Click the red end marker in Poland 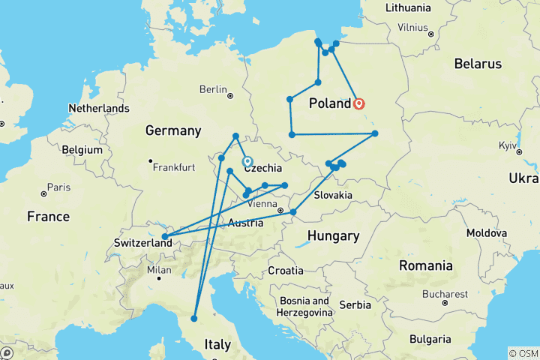tap(359, 104)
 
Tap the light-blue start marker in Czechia tap(247, 161)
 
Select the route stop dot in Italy tap(193, 319)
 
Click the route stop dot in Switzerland tap(164, 237)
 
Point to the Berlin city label tap(213, 90)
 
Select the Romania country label tap(426, 265)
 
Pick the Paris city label tap(59, 187)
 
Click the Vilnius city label tap(412, 27)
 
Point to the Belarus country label tap(478, 64)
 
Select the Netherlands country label tap(99, 109)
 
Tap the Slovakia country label tap(333, 195)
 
